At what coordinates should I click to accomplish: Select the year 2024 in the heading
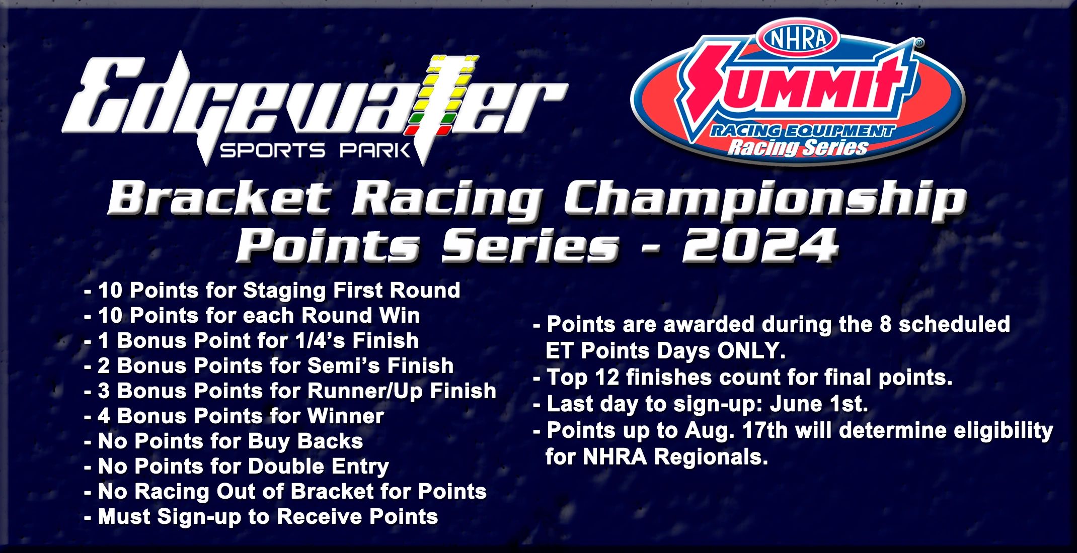(760, 245)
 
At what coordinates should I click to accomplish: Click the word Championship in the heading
(765, 201)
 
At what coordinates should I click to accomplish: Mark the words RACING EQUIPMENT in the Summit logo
(802, 131)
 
